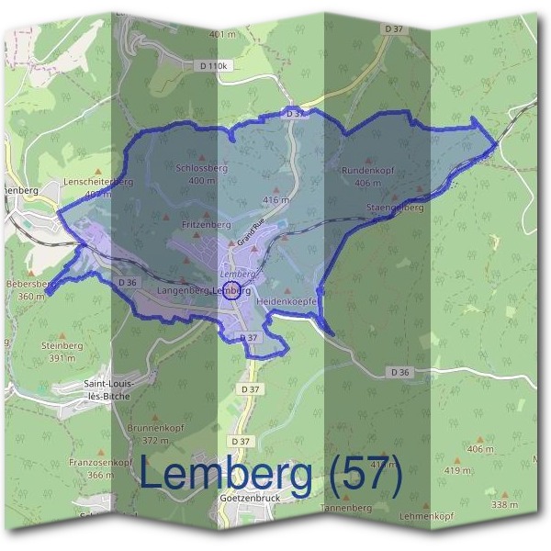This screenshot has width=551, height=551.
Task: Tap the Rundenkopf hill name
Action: pos(367,171)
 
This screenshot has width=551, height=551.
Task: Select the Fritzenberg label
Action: pos(206,224)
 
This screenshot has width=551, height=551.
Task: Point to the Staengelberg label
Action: pos(396,208)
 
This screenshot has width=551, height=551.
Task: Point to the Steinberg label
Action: pos(62,345)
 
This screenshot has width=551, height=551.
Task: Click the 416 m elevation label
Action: pos(275,199)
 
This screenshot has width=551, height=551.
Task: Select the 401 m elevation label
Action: pos(223,34)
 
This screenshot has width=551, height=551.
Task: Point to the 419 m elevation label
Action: pos(457,471)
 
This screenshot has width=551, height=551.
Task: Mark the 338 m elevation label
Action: pos(504,505)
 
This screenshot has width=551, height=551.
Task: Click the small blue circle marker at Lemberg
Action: pos(231,293)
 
